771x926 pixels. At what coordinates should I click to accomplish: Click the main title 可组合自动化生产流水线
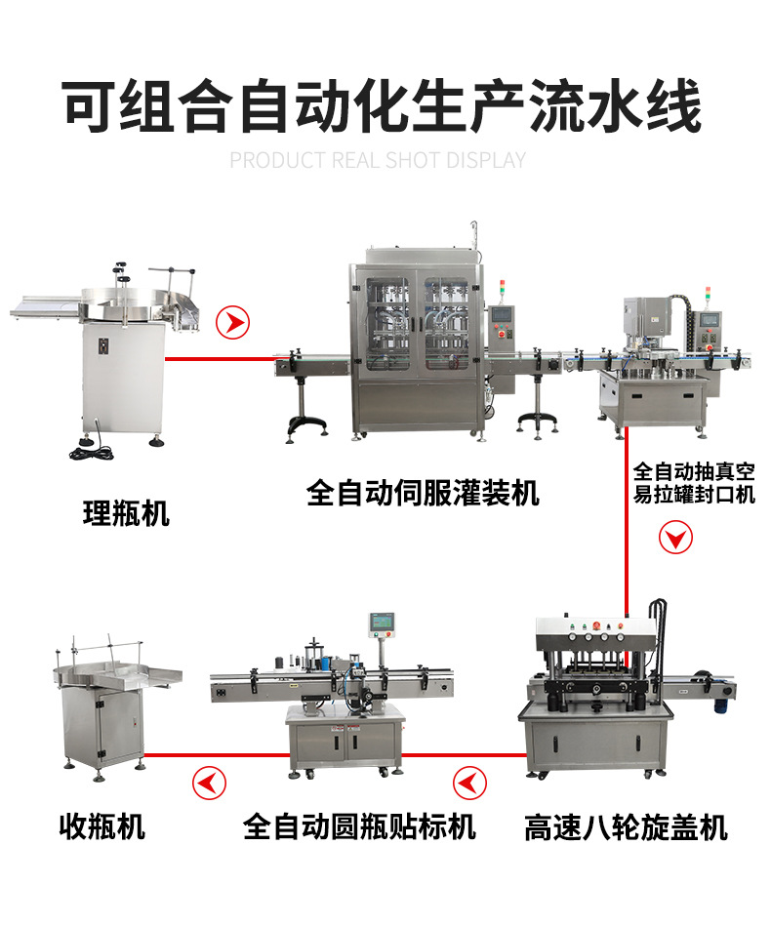coord(383,105)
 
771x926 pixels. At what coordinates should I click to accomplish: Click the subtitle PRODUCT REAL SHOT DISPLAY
coord(378,160)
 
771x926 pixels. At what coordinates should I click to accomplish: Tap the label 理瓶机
coord(126,513)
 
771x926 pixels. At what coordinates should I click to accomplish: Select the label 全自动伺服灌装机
coord(423,492)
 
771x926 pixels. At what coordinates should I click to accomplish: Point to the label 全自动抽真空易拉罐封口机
coord(694,482)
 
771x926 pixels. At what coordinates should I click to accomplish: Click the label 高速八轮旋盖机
coord(626,827)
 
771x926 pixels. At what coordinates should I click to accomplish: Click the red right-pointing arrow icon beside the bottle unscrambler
coord(232,322)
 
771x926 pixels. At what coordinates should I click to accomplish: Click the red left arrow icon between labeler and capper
coord(468,782)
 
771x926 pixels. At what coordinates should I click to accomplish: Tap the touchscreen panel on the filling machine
coord(503,317)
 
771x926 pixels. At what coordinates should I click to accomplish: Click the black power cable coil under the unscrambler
coord(91,452)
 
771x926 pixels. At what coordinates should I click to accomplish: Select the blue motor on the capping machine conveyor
coord(723,692)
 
